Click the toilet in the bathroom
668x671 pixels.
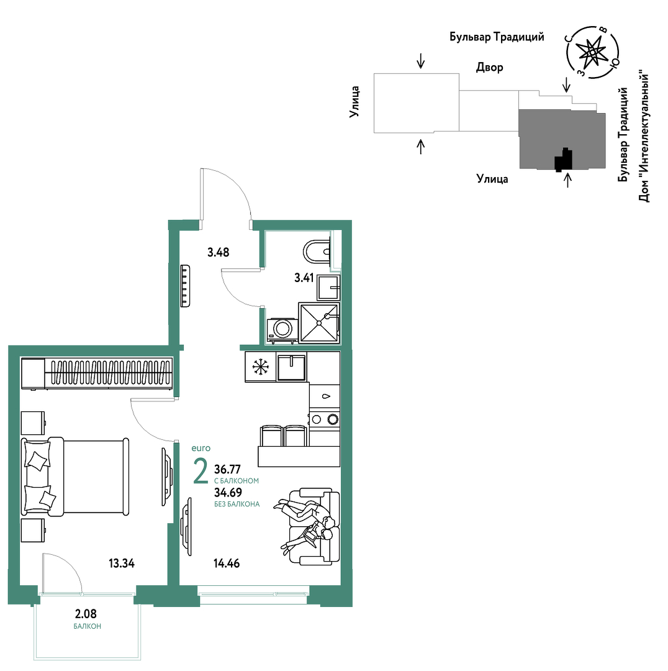pos(317,252)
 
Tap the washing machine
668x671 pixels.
pos(282,329)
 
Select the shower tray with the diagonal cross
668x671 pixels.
pos(319,323)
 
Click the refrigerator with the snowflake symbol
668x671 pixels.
pos(261,367)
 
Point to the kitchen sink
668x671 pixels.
pos(292,367)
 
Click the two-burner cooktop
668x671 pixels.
pos(325,419)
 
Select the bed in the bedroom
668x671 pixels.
pos(75,477)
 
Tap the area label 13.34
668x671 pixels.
pos(122,563)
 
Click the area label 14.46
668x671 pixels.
pos(227,563)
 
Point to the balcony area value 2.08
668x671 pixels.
pos(86,614)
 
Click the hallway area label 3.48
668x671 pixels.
pos(218,252)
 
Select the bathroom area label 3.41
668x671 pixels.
pos(304,278)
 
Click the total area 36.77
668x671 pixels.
pos(227,470)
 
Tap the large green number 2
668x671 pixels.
pos(201,471)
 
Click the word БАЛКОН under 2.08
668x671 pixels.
pos(88,626)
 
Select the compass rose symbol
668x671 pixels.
pos(592,52)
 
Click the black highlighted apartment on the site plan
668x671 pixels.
pos(564,160)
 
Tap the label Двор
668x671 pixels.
pos(490,67)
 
